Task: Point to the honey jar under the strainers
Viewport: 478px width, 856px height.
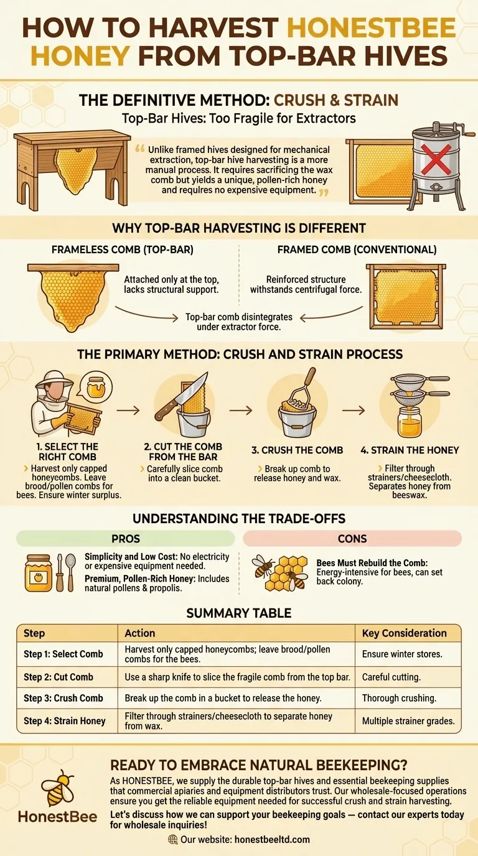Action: [x=409, y=422]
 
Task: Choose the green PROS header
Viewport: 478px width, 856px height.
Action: [x=126, y=539]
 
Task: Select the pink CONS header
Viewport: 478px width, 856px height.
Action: [x=352, y=539]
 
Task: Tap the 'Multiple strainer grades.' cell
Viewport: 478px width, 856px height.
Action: [x=408, y=721]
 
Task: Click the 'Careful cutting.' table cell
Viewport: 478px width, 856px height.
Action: [x=408, y=677]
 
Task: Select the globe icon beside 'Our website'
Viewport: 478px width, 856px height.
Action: [x=173, y=839]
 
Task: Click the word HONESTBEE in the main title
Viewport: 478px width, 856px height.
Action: [x=371, y=28]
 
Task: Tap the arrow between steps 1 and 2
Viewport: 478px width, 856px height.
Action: [x=128, y=411]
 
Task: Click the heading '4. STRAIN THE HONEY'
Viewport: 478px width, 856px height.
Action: [x=410, y=450]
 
